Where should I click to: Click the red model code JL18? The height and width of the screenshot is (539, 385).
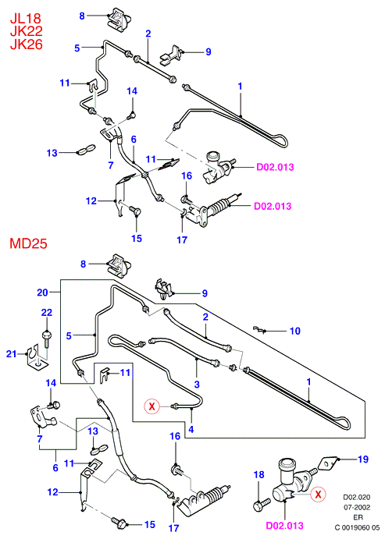[x=26, y=18]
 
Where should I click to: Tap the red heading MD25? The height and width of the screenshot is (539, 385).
[x=28, y=243]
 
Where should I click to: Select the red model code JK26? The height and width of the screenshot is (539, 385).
[x=26, y=44]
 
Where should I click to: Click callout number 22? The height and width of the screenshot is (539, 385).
[x=47, y=312]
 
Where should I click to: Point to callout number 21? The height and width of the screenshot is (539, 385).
[x=12, y=353]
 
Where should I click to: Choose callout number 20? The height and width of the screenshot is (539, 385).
[x=42, y=293]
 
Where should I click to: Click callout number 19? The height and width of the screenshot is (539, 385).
[x=363, y=459]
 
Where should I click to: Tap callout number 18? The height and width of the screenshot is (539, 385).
[x=258, y=475]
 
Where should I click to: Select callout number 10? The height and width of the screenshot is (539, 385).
[x=295, y=331]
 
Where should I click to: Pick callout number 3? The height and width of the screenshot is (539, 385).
[x=197, y=385]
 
